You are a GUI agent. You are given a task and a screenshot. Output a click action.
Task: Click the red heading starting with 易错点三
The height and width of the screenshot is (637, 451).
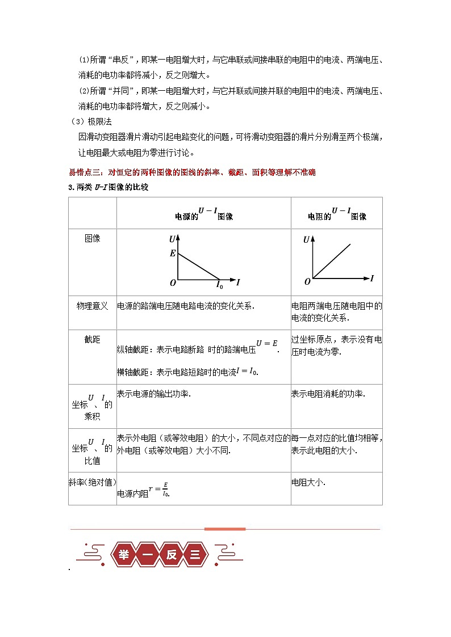(191, 172)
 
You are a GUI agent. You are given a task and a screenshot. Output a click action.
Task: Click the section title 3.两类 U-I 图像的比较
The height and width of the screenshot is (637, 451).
(108, 187)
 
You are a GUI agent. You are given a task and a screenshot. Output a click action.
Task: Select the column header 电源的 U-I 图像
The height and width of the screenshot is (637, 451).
(204, 214)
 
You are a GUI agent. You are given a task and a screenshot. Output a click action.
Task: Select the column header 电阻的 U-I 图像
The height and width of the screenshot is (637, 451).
(337, 214)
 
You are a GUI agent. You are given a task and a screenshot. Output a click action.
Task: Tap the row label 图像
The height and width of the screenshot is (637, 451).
(92, 238)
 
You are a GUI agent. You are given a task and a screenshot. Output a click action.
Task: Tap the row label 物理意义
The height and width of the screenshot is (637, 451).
(92, 306)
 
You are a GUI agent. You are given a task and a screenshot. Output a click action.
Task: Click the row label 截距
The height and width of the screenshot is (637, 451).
(92, 339)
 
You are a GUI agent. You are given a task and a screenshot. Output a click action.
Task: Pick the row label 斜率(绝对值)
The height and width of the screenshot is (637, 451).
(92, 482)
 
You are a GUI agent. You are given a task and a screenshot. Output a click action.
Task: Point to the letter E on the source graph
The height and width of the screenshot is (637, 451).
(173, 254)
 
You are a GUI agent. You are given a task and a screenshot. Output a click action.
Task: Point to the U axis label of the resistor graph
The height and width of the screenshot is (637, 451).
(307, 239)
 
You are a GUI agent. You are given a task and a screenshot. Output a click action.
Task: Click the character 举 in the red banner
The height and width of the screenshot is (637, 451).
(124, 555)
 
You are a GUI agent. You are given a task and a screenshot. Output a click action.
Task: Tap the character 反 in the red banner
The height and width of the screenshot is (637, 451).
(172, 555)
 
